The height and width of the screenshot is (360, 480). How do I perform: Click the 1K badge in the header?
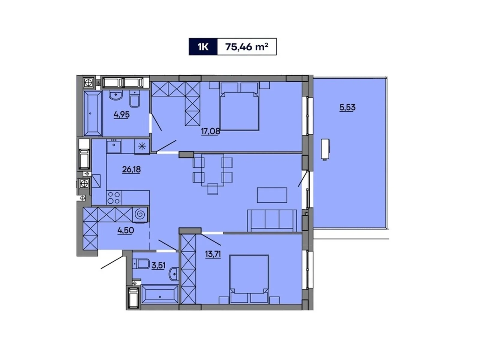[x=203, y=47]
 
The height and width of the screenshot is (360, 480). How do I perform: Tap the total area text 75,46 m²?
[x=246, y=47]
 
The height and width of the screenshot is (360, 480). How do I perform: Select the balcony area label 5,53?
[x=347, y=107]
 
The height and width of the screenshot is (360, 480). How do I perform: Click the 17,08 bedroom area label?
[x=210, y=131]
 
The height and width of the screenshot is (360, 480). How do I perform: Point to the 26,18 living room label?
[x=131, y=169]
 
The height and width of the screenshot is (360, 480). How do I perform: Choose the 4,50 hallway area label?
[x=126, y=230]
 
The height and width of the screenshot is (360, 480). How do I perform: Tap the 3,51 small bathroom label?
[x=158, y=265]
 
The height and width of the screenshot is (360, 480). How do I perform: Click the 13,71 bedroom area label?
[x=213, y=254]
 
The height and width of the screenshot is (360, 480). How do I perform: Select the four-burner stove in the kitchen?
[x=114, y=198]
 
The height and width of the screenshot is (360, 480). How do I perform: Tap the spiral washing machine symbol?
[x=140, y=215]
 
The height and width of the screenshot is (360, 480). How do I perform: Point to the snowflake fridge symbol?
[x=142, y=147]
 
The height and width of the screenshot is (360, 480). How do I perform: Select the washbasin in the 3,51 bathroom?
[x=174, y=274]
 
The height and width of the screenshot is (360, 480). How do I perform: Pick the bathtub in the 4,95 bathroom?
[x=93, y=113]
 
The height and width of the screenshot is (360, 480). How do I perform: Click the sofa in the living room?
[x=272, y=221]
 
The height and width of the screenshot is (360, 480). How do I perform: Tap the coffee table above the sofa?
[x=272, y=195]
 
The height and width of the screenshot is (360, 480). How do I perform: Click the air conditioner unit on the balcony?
[x=325, y=149]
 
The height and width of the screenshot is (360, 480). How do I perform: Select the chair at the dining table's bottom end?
[x=213, y=189]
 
